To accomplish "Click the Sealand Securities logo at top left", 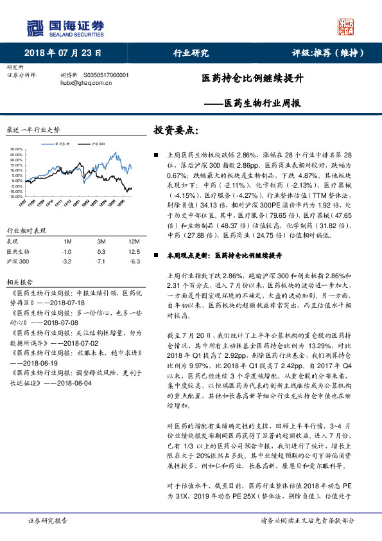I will tap(65, 26).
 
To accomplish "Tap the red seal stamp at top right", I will tap(346, 27).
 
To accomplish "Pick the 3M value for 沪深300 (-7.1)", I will tap(100, 261).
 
